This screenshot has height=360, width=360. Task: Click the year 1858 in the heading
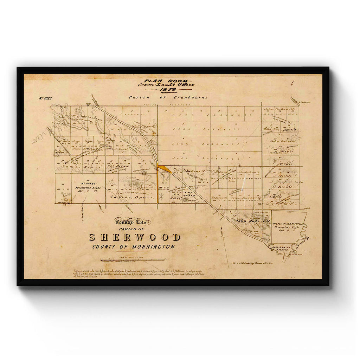pos(165,90)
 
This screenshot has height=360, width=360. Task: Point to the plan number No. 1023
pos(45,98)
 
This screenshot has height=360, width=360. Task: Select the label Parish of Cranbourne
pos(168,97)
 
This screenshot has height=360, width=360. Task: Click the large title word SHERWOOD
pos(135,237)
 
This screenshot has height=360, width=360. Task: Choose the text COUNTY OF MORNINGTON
pos(134,247)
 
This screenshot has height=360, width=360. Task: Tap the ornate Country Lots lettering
pos(133,222)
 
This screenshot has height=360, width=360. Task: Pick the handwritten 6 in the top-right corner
pos(292,83)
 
